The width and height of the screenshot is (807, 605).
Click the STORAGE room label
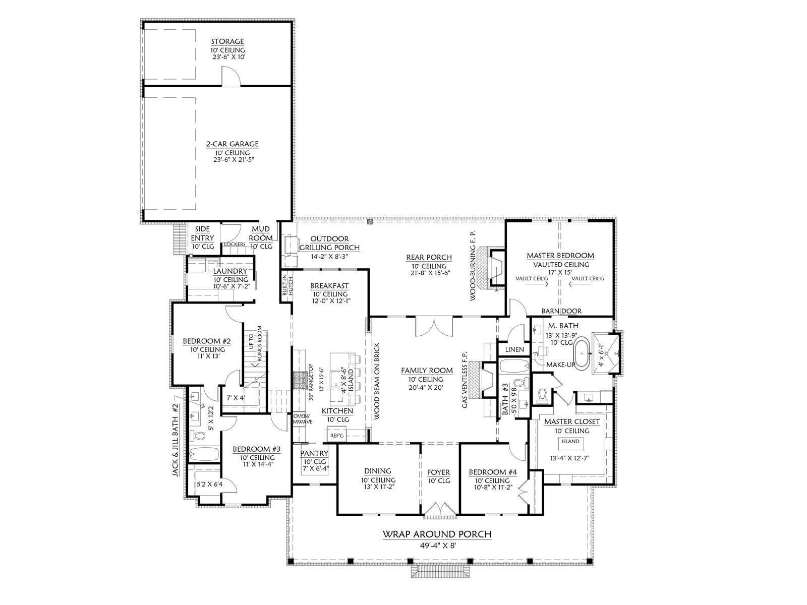click(x=227, y=41)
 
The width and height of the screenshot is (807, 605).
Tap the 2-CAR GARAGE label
click(x=232, y=144)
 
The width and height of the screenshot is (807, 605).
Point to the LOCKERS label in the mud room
click(x=235, y=245)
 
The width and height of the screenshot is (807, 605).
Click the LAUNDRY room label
click(x=230, y=271)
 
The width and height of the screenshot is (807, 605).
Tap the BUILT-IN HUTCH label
click(x=286, y=285)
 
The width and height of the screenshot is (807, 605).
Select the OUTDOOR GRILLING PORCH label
click(x=329, y=243)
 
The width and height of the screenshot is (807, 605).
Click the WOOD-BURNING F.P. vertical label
click(x=473, y=266)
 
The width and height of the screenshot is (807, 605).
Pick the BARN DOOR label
click(x=561, y=311)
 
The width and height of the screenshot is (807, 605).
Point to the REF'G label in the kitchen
click(x=337, y=436)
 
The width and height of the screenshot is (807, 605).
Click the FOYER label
click(x=439, y=472)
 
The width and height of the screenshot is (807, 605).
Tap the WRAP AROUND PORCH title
click(x=437, y=534)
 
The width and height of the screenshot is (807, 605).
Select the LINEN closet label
click(x=514, y=349)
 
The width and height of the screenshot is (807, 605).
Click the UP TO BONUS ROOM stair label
click(x=255, y=343)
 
